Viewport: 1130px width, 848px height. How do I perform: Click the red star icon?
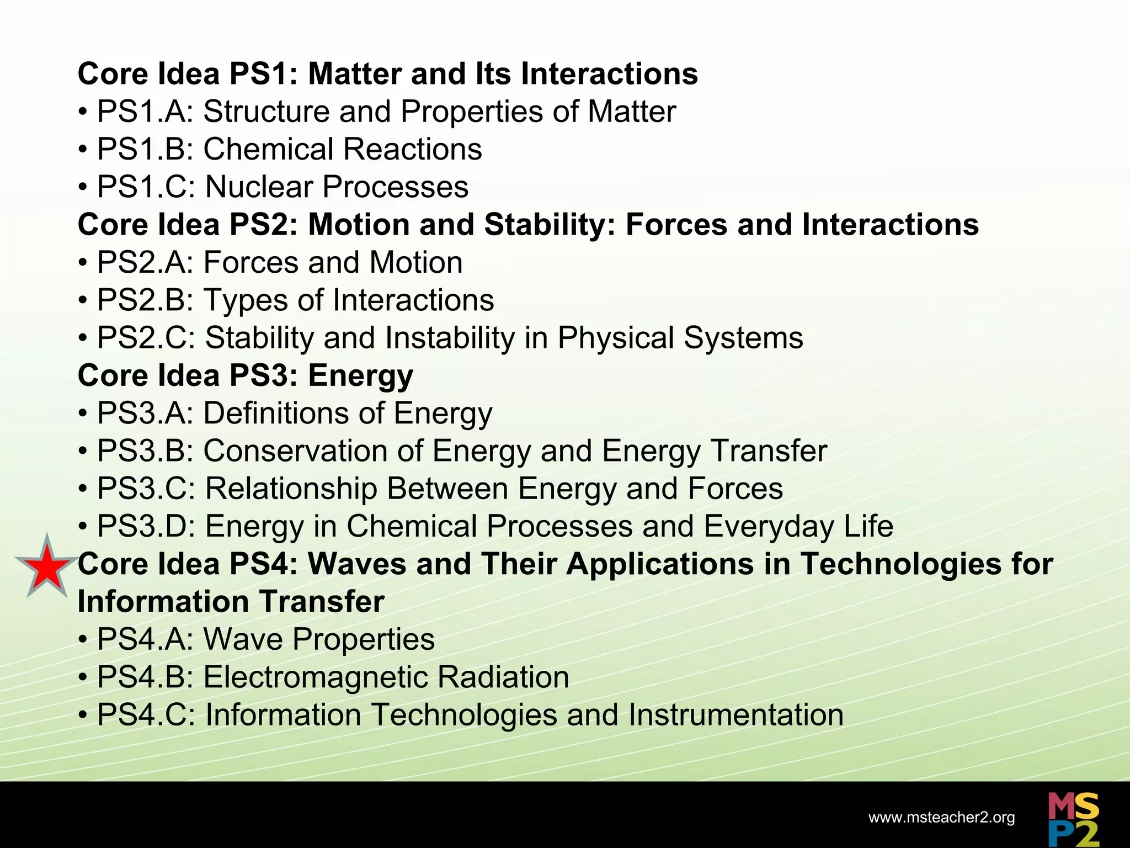pyautogui.click(x=47, y=567)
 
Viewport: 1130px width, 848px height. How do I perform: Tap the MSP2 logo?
pyautogui.click(x=1073, y=820)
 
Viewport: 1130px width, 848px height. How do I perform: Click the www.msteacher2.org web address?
pyautogui.click(x=941, y=818)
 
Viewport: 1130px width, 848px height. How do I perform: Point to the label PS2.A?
pyautogui.click(x=146, y=262)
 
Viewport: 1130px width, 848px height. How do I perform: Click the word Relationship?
pyautogui.click(x=290, y=489)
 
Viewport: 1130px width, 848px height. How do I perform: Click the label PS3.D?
pyautogui.click(x=146, y=526)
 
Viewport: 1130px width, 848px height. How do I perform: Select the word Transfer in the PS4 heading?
pyautogui.click(x=322, y=602)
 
